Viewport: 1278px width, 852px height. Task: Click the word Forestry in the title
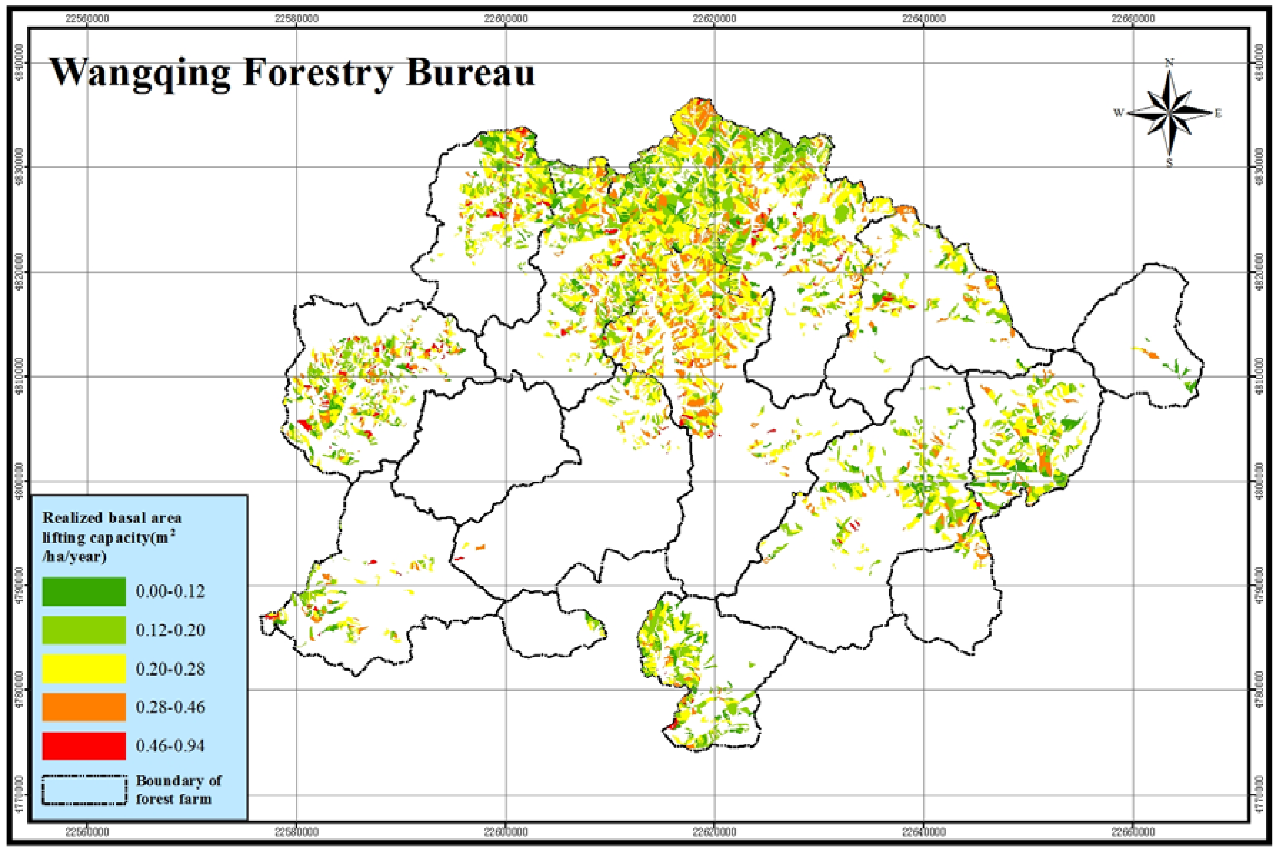[x=317, y=73]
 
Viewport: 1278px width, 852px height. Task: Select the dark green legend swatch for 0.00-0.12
[x=84, y=591]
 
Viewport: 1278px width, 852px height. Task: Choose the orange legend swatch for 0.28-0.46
[x=84, y=707]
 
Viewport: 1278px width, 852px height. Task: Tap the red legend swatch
[x=84, y=745]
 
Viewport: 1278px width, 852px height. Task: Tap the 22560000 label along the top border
[x=87, y=19]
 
